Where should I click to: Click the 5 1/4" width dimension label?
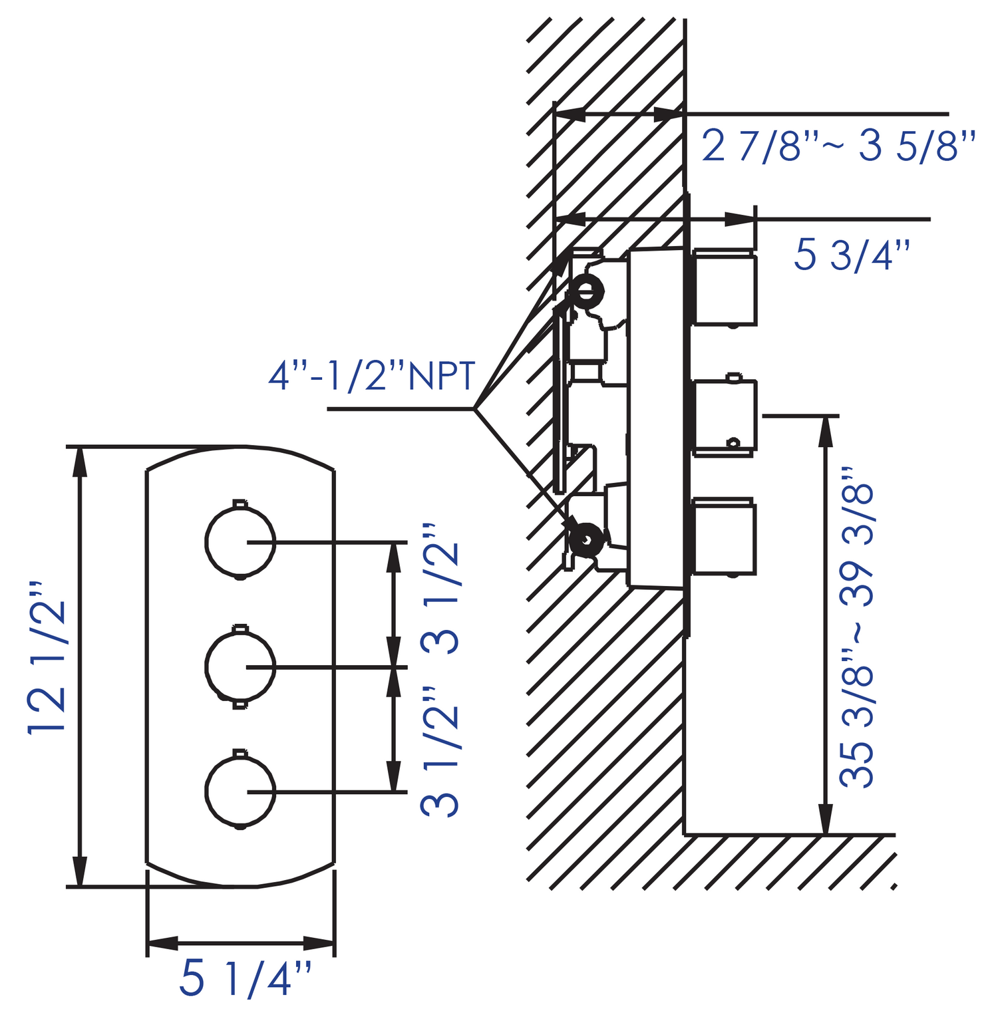tap(245, 978)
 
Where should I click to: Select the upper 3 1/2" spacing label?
tap(440, 588)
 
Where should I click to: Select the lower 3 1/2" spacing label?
tap(440, 752)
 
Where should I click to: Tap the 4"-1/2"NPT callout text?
tap(371, 377)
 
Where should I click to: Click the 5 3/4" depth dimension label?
tap(852, 255)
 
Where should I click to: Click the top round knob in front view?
tap(240, 541)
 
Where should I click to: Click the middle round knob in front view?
tap(240, 666)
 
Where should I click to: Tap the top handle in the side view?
tap(725, 288)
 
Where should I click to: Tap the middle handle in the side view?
tap(725, 417)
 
